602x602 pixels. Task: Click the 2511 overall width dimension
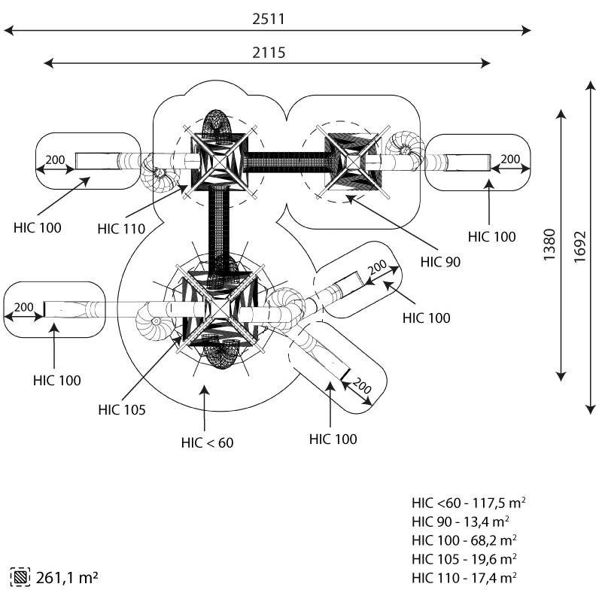tap(269, 19)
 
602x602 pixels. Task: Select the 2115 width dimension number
tap(269, 53)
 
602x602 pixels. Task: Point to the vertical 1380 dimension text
tap(549, 245)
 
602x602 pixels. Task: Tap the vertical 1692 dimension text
tap(579, 247)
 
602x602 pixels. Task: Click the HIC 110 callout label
tap(121, 229)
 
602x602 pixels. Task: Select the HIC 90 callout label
tap(440, 262)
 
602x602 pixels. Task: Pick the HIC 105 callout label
tap(122, 409)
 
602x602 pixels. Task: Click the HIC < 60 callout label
tap(208, 442)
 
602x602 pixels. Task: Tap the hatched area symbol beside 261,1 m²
tap(20, 577)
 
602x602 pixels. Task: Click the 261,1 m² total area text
tap(67, 577)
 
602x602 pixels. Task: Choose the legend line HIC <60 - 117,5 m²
tap(469, 503)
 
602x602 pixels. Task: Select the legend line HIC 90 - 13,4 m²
tap(461, 521)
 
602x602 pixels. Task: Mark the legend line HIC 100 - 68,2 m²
tap(464, 540)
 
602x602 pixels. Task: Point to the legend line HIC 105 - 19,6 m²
tap(464, 559)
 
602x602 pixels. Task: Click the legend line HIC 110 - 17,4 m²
tap(464, 577)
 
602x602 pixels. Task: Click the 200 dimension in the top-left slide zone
tap(55, 160)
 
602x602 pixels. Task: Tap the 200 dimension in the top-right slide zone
tap(510, 159)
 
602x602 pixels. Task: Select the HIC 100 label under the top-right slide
tap(492, 236)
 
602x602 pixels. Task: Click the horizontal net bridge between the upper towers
tap(286, 162)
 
